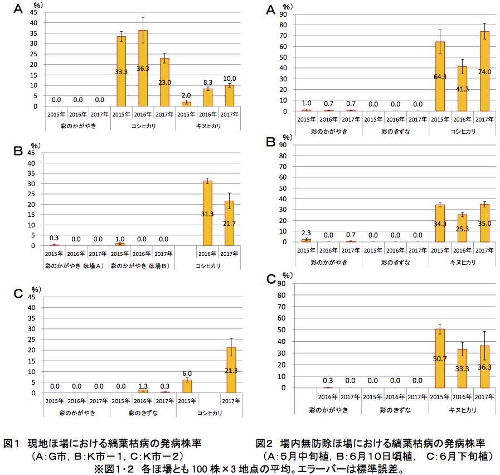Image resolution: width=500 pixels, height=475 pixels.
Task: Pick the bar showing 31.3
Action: (x=207, y=214)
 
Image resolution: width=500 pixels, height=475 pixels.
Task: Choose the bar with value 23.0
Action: (x=164, y=83)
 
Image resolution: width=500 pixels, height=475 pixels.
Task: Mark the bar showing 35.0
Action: (x=484, y=223)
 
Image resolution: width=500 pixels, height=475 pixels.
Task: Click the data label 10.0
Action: (x=230, y=79)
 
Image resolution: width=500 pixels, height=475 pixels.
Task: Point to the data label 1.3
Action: (x=142, y=386)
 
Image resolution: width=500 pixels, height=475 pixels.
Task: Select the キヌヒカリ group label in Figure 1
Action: (x=207, y=126)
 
